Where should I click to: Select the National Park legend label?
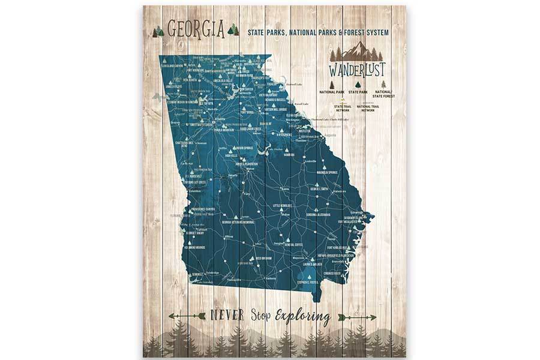(332, 92)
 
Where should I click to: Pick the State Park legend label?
(358, 92)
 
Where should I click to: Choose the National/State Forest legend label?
(384, 94)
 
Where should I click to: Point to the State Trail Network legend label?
(343, 109)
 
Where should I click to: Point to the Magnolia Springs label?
(325, 172)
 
